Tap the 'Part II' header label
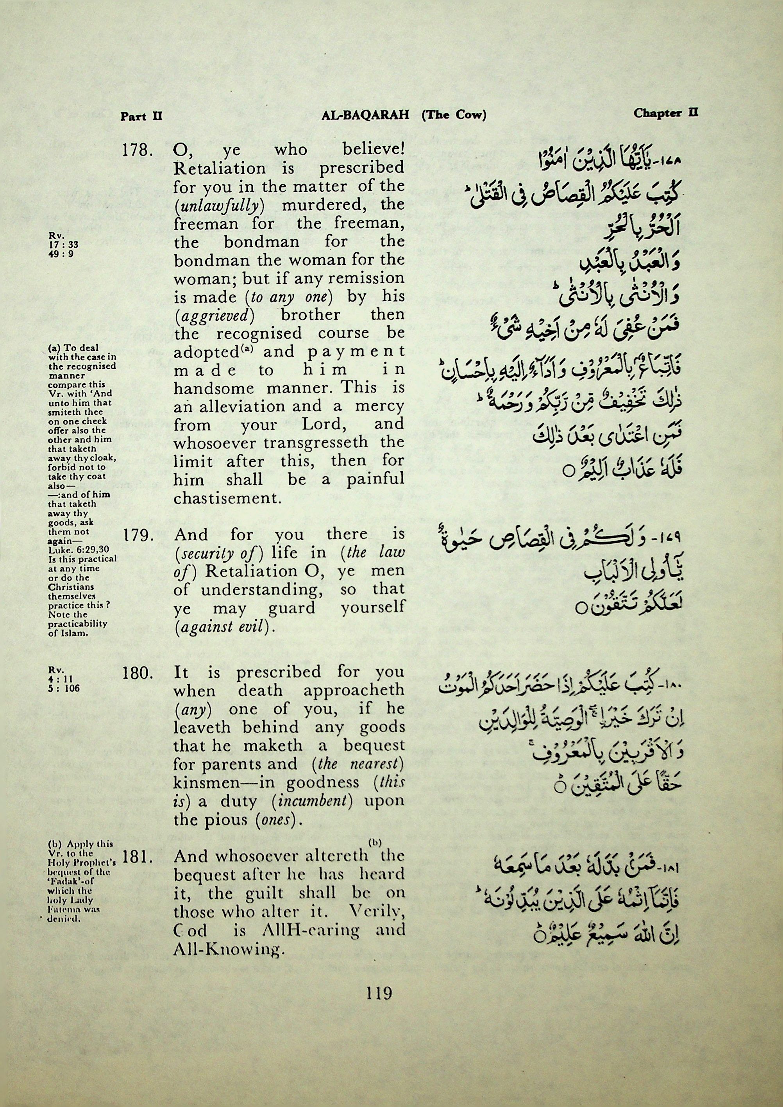(141, 116)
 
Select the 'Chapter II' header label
(666, 113)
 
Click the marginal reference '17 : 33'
(63, 245)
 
